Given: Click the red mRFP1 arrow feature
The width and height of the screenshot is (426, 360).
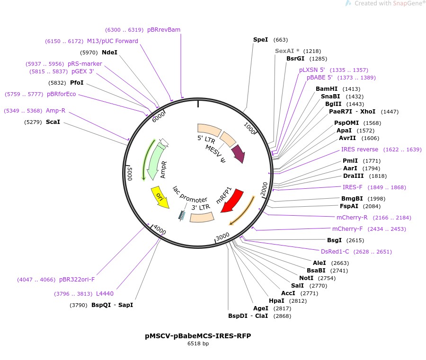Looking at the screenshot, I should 232,202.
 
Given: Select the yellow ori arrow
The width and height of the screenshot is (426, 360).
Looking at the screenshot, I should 160,197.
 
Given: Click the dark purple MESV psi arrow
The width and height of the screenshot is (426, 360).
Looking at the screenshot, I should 238,153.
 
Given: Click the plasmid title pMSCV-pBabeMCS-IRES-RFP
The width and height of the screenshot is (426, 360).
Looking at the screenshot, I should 198,336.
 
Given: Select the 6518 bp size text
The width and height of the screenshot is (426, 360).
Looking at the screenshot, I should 198,343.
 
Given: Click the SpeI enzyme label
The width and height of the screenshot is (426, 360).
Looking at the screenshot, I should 261,40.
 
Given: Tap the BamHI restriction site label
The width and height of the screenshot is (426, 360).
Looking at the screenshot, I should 327,89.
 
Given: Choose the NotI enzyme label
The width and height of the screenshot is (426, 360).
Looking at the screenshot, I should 307,278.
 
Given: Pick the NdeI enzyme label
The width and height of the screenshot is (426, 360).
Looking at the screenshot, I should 109,53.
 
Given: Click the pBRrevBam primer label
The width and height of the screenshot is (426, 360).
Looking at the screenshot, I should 164,30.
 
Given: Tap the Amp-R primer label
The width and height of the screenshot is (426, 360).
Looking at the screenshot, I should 55,111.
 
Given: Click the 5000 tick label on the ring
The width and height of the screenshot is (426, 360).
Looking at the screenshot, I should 129,174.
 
